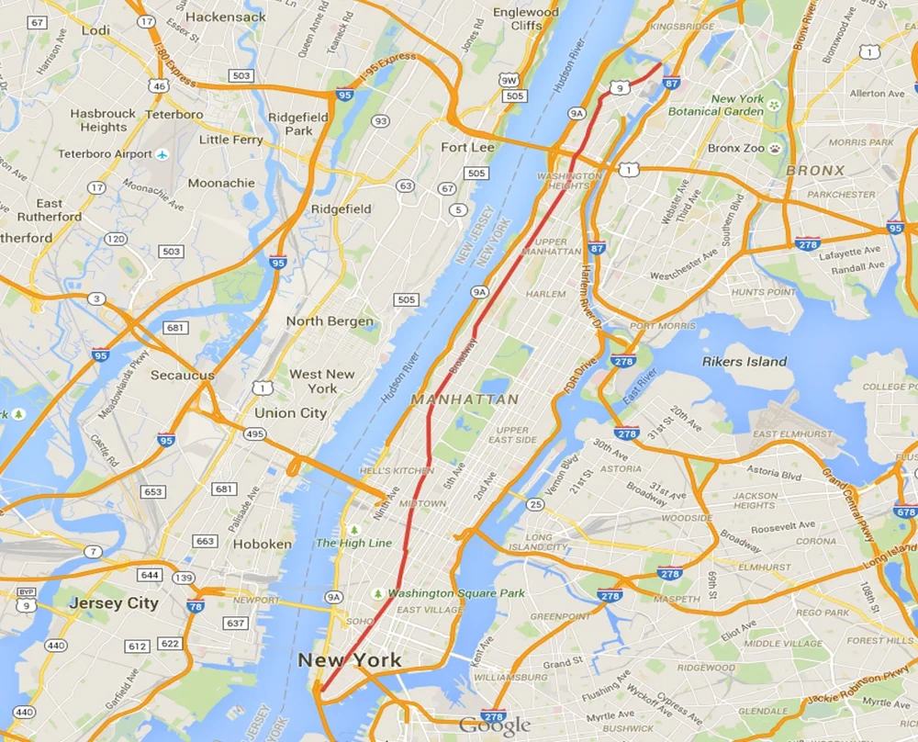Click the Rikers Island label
(x=744, y=361)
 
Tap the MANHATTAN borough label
(x=465, y=399)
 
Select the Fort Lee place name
(x=467, y=147)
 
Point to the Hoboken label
(x=262, y=544)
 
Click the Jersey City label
(x=114, y=603)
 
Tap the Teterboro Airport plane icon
(x=162, y=153)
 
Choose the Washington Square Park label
(x=455, y=593)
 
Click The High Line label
(x=353, y=543)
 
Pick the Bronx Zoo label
(x=736, y=148)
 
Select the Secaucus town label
(x=183, y=375)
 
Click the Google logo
(x=495, y=724)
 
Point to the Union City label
(x=290, y=413)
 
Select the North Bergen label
(x=330, y=321)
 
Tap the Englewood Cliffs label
(x=525, y=18)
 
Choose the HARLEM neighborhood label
(x=545, y=294)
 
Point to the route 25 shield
(x=535, y=503)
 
